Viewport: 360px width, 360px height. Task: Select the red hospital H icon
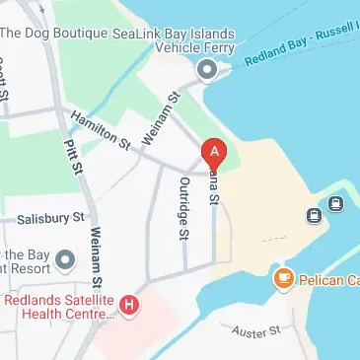pyautogui.click(x=129, y=305)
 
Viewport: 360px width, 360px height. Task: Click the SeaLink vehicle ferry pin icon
pyautogui.click(x=206, y=70)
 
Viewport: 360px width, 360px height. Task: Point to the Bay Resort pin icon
pyautogui.click(x=65, y=260)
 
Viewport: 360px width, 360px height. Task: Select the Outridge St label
pyautogui.click(x=183, y=209)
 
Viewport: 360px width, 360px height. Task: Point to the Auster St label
pyautogui.click(x=259, y=333)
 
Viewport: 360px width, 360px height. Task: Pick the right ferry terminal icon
pyautogui.click(x=335, y=205)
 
